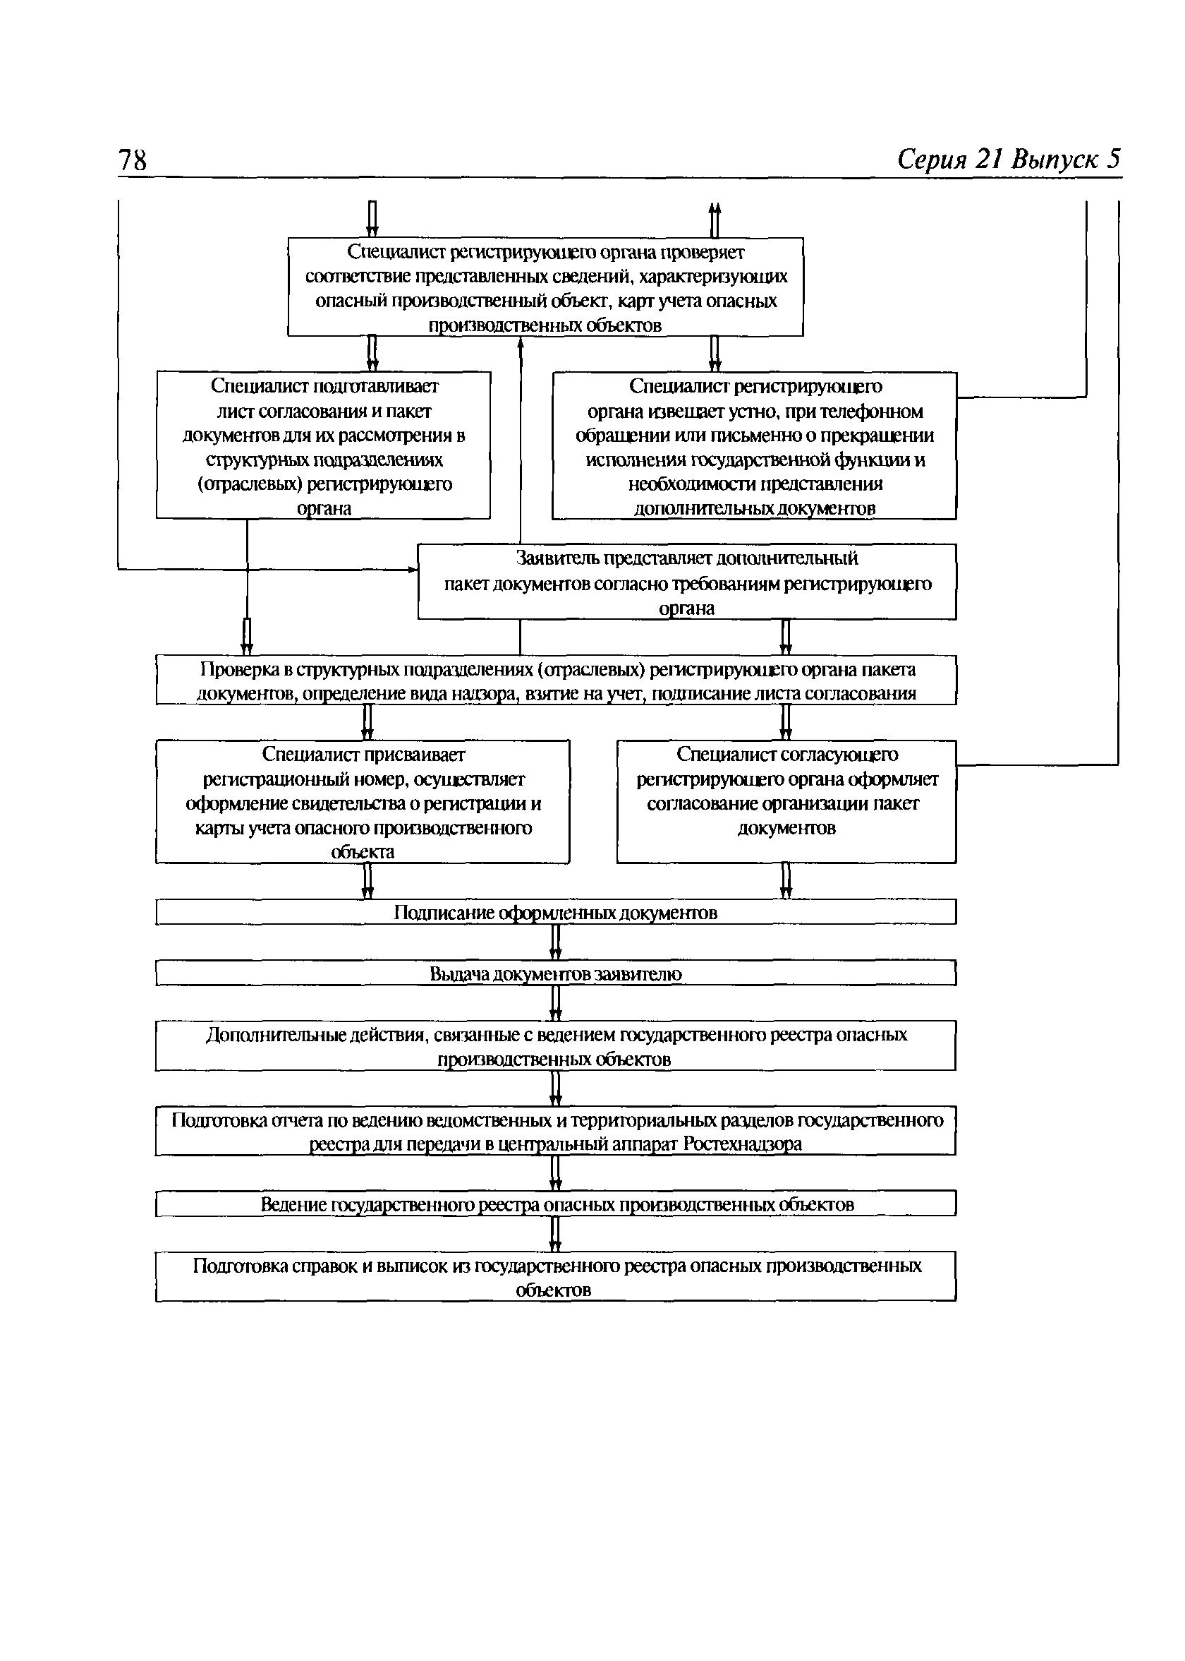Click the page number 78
click(x=132, y=160)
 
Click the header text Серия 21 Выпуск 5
click(x=1009, y=159)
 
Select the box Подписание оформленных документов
click(x=556, y=913)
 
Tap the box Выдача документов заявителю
click(x=556, y=973)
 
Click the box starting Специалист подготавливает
click(x=323, y=445)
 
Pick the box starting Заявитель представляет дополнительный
click(x=686, y=582)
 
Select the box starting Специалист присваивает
click(x=363, y=802)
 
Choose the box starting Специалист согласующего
click(x=786, y=802)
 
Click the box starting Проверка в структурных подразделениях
click(x=556, y=680)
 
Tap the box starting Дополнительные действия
click(x=556, y=1045)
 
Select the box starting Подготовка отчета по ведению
click(x=556, y=1131)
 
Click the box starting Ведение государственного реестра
click(x=556, y=1204)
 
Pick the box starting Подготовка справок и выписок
click(x=556, y=1276)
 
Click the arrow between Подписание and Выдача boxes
click(x=555, y=942)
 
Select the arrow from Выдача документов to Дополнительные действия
click(x=555, y=1003)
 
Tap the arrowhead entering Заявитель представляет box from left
click(x=413, y=569)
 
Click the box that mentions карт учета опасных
click(x=546, y=287)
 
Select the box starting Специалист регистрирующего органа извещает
click(x=755, y=445)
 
